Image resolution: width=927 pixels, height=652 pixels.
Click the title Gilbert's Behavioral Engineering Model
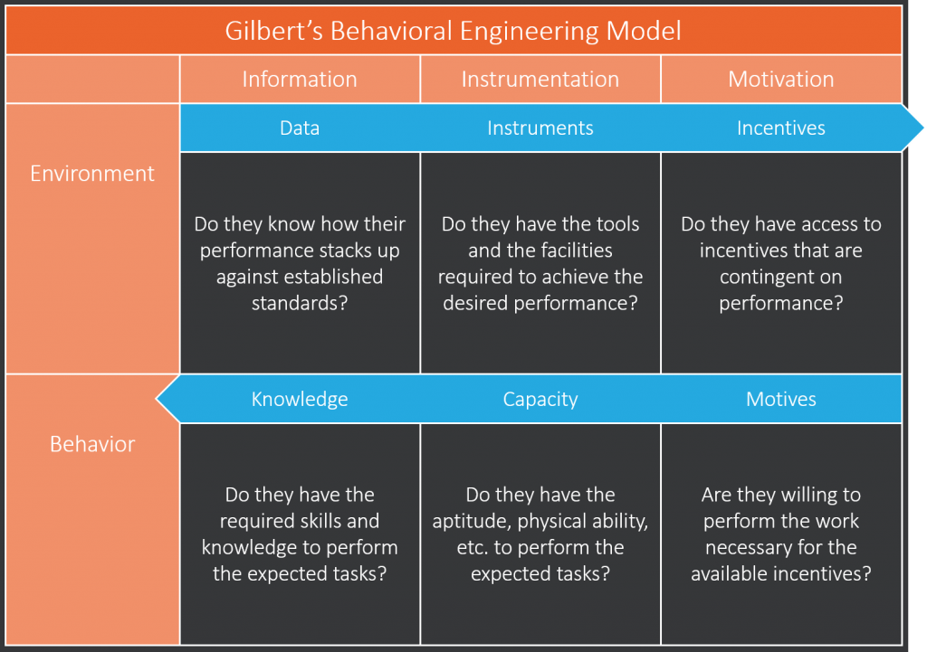[x=453, y=31]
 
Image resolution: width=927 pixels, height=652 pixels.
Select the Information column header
[x=300, y=80]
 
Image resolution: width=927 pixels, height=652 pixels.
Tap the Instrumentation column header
[x=540, y=80]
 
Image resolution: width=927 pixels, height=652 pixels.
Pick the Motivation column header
[x=781, y=80]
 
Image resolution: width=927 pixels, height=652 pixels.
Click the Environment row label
[x=92, y=173]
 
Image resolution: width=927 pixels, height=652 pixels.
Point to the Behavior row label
[x=92, y=443]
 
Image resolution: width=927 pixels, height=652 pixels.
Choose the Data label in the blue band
[x=300, y=128]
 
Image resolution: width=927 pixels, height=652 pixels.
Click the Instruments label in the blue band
[x=540, y=128]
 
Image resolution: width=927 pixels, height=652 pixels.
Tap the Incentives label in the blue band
[x=781, y=128]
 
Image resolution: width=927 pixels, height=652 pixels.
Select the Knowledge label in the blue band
[x=300, y=399]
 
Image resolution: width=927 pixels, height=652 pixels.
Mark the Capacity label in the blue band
[x=540, y=399]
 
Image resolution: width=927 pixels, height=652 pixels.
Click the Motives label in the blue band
[x=781, y=399]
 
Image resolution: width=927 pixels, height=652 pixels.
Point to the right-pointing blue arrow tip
[x=922, y=128]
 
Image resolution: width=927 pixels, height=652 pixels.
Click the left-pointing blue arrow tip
[x=158, y=399]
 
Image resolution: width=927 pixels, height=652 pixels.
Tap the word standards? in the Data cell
[x=300, y=303]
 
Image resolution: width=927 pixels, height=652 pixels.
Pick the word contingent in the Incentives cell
[x=781, y=277]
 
